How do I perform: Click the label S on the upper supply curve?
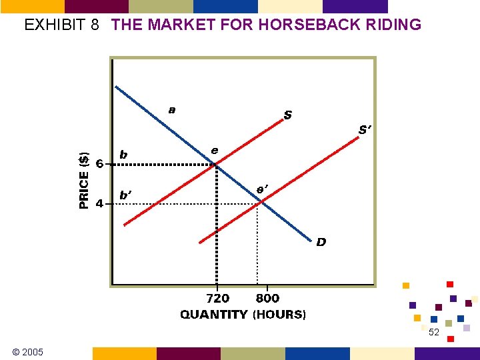[x=287, y=115]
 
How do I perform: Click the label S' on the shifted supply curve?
[x=365, y=131]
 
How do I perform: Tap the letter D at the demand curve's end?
[x=321, y=242]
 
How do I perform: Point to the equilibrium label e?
[x=215, y=150]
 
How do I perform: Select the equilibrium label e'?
[x=263, y=189]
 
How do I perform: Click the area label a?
[x=172, y=109]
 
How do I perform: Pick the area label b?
[x=123, y=155]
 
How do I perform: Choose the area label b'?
[x=125, y=195]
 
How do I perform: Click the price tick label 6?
[x=99, y=163]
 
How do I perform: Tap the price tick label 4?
[x=99, y=203]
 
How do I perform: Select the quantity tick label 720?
[x=217, y=299]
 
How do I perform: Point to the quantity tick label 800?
[x=267, y=299]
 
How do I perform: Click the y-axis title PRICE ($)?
[x=84, y=181]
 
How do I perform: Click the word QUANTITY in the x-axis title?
[x=213, y=314]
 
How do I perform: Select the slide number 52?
[x=434, y=332]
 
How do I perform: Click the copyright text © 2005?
[x=27, y=351]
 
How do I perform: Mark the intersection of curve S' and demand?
[x=259, y=202]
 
